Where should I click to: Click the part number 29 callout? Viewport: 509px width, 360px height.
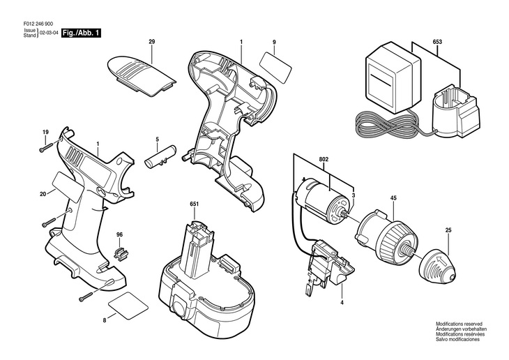[x=151, y=44]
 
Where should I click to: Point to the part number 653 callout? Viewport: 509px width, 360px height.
[x=437, y=43]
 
